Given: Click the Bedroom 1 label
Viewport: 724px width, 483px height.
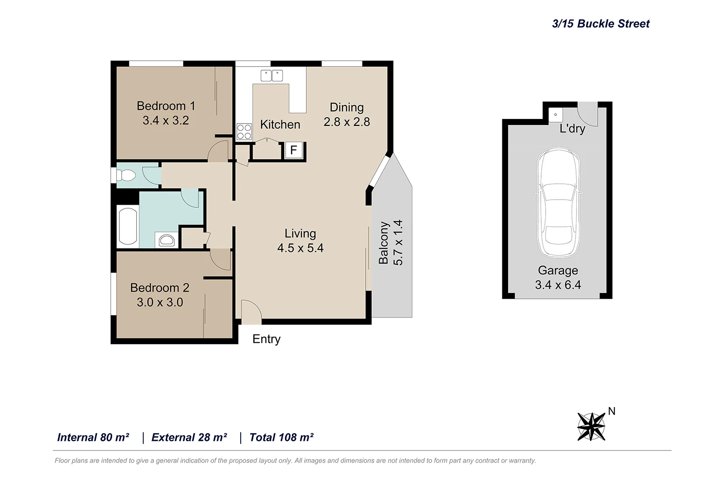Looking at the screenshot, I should pyautogui.click(x=166, y=106).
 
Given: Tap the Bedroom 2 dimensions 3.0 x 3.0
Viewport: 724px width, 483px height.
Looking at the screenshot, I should pyautogui.click(x=160, y=302).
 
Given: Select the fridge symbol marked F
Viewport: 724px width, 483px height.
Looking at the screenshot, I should pyautogui.click(x=293, y=150).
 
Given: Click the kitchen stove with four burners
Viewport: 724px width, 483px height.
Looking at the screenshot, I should pyautogui.click(x=244, y=132).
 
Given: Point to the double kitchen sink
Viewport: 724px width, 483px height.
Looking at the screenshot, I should pyautogui.click(x=271, y=76).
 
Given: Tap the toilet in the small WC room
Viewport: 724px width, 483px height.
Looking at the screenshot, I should pyautogui.click(x=127, y=175).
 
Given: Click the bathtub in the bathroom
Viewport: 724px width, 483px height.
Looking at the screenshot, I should pyautogui.click(x=128, y=226).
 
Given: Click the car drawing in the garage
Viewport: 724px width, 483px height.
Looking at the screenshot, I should pyautogui.click(x=558, y=202).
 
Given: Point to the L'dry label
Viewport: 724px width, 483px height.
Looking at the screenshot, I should pyautogui.click(x=572, y=129).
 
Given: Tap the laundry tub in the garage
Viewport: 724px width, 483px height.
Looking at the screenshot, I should pyautogui.click(x=556, y=115).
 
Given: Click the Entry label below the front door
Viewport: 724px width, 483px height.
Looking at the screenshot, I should pyautogui.click(x=266, y=339).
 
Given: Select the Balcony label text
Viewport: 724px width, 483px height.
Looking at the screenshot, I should pyautogui.click(x=384, y=243).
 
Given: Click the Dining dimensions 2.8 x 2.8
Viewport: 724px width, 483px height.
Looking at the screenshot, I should pyautogui.click(x=347, y=122).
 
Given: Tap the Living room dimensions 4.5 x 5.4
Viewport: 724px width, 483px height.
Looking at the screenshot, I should pyautogui.click(x=300, y=248).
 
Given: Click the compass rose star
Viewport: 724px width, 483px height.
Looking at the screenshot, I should pyautogui.click(x=591, y=426).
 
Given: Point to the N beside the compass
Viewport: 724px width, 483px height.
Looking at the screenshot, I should pyautogui.click(x=611, y=411).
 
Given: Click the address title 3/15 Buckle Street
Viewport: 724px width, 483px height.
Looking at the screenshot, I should pyautogui.click(x=600, y=24).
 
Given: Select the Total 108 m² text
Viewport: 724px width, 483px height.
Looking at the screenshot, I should pyautogui.click(x=281, y=437).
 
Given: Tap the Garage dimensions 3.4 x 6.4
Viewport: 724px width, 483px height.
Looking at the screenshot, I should pyautogui.click(x=558, y=285).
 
